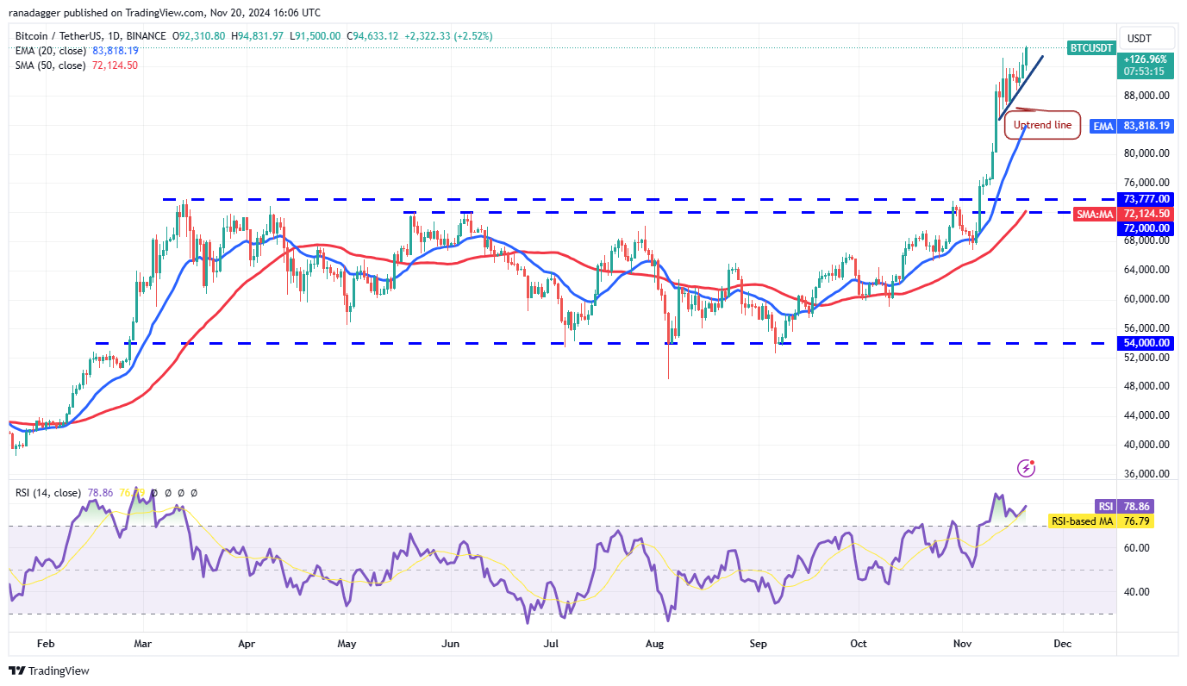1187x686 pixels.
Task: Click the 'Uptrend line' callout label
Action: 1041,125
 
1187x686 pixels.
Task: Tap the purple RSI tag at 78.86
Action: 1105,507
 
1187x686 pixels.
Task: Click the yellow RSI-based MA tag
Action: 1082,521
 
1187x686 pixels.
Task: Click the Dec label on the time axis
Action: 1062,644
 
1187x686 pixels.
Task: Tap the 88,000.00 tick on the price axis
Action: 1146,96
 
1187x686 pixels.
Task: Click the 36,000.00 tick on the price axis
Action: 1146,474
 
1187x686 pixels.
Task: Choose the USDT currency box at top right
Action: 1146,38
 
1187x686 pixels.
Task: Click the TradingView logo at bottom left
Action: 49,670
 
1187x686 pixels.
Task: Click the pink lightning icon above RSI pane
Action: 1026,468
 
